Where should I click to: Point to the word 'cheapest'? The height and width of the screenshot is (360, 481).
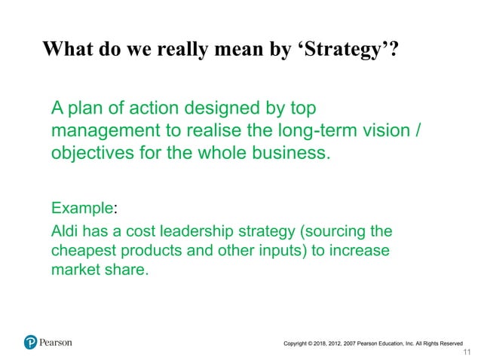click(x=82, y=249)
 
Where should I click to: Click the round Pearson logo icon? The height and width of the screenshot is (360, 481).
click(x=30, y=342)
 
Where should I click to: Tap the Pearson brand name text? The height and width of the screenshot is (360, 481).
click(x=56, y=342)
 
